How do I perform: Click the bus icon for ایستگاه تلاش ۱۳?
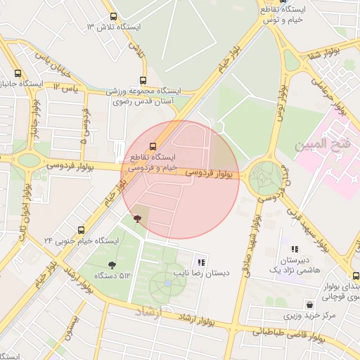click(113, 16)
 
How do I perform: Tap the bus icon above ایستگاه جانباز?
click(18, 72)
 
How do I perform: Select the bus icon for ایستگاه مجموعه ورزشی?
click(143, 80)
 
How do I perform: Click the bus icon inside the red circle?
click(134, 146)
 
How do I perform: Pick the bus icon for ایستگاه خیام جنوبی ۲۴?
click(82, 230)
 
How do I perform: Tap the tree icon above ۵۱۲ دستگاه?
click(112, 264)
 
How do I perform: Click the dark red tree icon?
click(137, 219)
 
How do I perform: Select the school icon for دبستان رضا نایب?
click(202, 262)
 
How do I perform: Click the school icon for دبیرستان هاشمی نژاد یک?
click(295, 249)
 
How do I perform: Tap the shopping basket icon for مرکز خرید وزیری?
click(309, 304)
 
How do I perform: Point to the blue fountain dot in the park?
click(167, 283)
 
